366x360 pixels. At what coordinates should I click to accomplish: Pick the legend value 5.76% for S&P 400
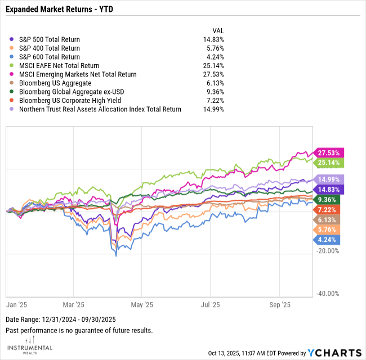(215, 48)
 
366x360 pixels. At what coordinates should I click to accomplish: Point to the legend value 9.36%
(215, 92)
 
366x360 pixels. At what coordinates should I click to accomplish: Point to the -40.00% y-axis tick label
(328, 294)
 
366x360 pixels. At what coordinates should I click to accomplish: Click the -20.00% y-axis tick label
(328, 251)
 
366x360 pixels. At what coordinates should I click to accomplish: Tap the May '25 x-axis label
(141, 305)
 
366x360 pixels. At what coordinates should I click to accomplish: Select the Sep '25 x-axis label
(280, 305)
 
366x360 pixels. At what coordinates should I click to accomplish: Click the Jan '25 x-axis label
(16, 305)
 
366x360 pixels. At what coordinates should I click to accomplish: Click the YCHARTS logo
(334, 353)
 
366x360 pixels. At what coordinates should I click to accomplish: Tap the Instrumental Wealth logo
(31, 345)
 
